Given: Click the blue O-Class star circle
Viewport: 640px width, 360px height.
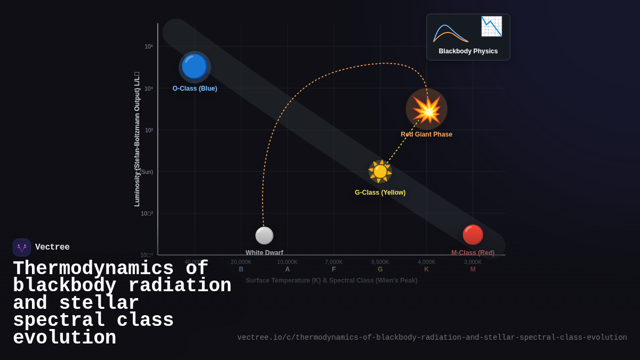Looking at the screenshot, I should tap(194, 67).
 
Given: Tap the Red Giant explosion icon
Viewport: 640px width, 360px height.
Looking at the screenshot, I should tap(426, 109).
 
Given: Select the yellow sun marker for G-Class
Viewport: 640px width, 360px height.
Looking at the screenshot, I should tap(380, 171).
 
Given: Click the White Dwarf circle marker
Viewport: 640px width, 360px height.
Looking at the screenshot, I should tap(264, 235).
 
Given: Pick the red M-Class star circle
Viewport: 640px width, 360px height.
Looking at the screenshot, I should tap(473, 235).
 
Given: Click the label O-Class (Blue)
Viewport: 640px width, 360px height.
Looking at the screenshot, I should tap(195, 89).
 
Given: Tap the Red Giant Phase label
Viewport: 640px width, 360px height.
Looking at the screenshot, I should tap(426, 134).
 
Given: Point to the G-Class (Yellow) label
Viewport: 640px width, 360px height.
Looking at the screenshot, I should tap(380, 193).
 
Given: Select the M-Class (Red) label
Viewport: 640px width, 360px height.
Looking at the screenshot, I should tap(473, 253).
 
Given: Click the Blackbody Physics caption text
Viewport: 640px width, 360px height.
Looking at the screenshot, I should tap(468, 51).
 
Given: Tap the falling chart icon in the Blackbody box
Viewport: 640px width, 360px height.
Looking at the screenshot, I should tap(491, 26).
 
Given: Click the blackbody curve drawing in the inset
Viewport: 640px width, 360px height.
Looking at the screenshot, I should tap(451, 33).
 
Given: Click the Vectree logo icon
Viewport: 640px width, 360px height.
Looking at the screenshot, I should tap(22, 247).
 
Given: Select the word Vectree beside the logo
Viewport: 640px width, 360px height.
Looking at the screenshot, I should tap(52, 247).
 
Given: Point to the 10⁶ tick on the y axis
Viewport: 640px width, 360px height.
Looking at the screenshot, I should tap(149, 46).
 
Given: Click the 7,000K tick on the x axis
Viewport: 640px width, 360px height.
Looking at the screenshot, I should tap(334, 262).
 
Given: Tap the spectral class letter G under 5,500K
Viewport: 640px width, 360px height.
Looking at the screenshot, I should tap(380, 269).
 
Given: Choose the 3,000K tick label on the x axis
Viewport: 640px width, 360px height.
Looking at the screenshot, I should tap(473, 262).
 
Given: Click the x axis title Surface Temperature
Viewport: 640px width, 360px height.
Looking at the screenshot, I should tap(331, 281).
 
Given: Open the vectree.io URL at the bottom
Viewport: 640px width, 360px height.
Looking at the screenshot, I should tap(432, 338).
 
